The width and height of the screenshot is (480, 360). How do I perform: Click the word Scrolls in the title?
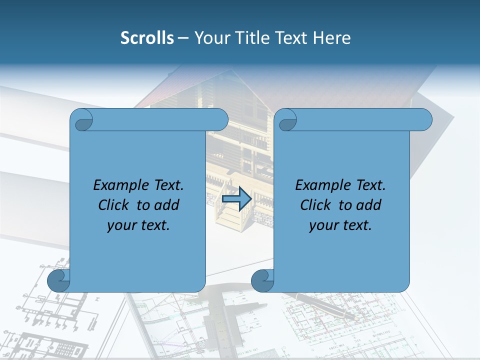(147, 37)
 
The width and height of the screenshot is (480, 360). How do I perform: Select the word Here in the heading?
(332, 37)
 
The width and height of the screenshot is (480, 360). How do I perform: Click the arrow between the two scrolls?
(236, 199)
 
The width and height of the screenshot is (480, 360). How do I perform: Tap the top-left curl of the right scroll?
(287, 120)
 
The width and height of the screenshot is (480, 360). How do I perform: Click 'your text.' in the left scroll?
(138, 225)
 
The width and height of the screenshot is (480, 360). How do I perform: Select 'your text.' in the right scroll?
(340, 225)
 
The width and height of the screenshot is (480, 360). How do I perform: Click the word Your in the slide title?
(210, 37)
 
